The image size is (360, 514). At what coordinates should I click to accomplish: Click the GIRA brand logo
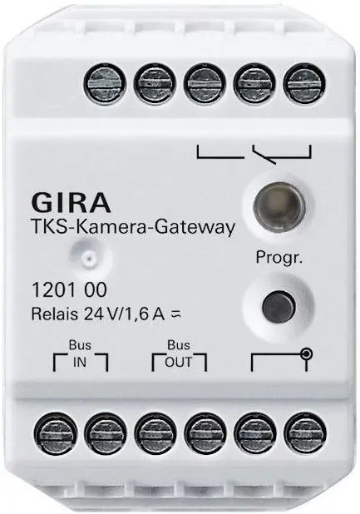(x=71, y=203)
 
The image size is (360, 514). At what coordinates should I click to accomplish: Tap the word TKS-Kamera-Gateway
(x=133, y=227)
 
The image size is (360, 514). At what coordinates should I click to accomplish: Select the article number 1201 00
(x=69, y=289)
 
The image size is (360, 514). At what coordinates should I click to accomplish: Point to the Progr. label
(x=279, y=258)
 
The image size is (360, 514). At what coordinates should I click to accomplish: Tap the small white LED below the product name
(x=87, y=258)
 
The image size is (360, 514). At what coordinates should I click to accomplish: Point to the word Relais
(x=55, y=314)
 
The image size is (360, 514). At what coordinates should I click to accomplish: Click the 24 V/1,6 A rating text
(x=128, y=314)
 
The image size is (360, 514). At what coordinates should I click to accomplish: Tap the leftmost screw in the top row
(x=105, y=82)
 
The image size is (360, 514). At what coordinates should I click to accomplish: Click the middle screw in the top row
(x=205, y=82)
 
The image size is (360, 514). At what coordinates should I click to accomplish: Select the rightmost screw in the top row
(x=304, y=82)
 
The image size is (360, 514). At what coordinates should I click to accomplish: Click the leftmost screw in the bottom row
(x=56, y=433)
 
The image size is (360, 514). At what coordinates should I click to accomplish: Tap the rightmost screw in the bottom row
(x=305, y=433)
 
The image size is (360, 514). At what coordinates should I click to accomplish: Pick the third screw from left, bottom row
(x=155, y=433)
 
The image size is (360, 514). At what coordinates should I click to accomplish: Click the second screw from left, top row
(x=155, y=82)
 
